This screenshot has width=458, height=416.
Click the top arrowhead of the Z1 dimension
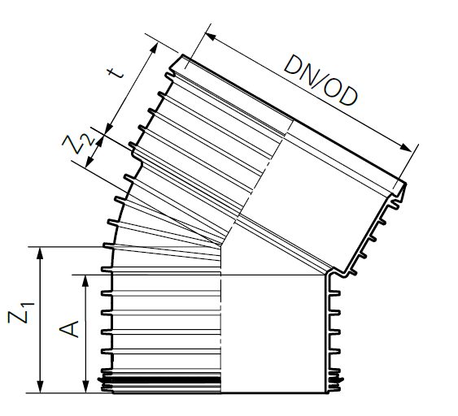pyautogui.click(x=40, y=252)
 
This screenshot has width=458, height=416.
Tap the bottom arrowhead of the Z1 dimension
pyautogui.click(x=40, y=387)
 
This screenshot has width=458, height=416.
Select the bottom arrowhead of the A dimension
pyautogui.click(x=85, y=387)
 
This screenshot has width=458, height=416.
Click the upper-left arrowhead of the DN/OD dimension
pyautogui.click(x=207, y=35)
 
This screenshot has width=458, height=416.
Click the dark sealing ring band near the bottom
pyautogui.click(x=163, y=380)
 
